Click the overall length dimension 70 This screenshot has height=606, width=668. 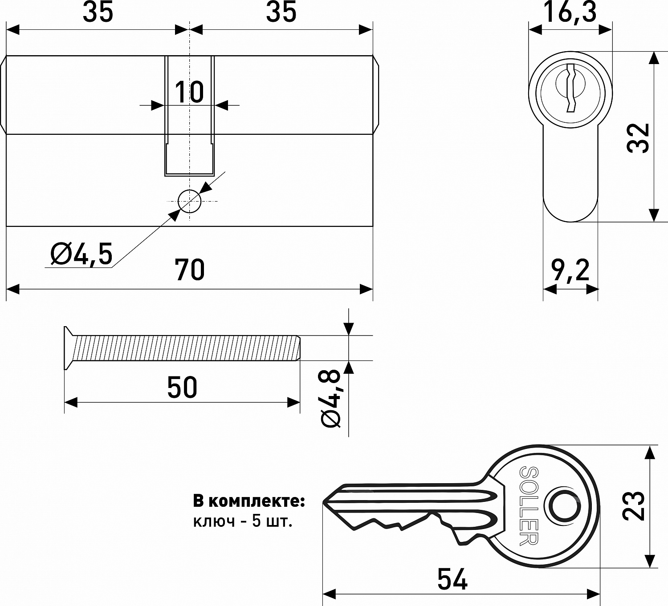click(189, 270)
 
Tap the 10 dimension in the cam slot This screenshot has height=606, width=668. click(189, 92)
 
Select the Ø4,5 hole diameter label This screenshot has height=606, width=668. click(81, 254)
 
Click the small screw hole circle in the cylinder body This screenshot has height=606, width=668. click(189, 201)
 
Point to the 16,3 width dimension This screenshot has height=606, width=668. click(570, 12)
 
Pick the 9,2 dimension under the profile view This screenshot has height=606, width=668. click(570, 270)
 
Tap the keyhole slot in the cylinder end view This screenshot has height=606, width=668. click(571, 88)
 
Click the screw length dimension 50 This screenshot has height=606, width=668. click(182, 388)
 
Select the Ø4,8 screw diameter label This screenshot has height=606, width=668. click(331, 399)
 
